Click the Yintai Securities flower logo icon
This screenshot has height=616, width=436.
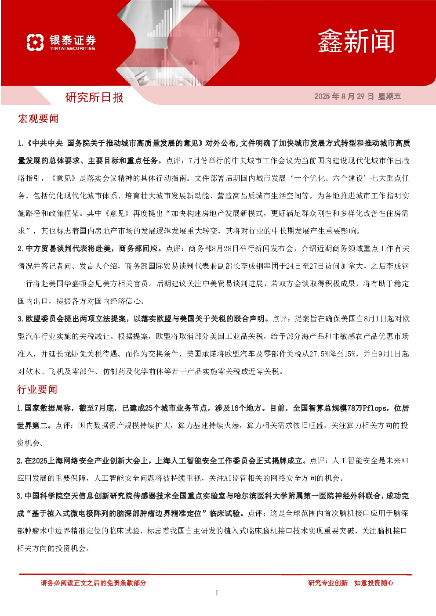[x=35, y=42]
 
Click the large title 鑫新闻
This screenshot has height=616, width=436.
[x=356, y=41]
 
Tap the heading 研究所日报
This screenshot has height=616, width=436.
[x=94, y=97]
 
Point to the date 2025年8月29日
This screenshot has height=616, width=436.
[x=344, y=96]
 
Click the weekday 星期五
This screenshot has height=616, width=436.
[x=390, y=96]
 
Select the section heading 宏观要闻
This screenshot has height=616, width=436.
[x=38, y=119]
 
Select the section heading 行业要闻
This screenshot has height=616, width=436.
[x=37, y=390]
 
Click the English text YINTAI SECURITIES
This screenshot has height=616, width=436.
[x=73, y=48]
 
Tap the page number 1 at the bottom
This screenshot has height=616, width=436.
[x=217, y=593]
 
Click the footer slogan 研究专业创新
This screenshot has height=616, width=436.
[x=328, y=583]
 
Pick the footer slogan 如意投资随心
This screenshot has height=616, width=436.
[x=374, y=583]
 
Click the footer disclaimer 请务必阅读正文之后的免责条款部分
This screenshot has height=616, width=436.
[x=93, y=583]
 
